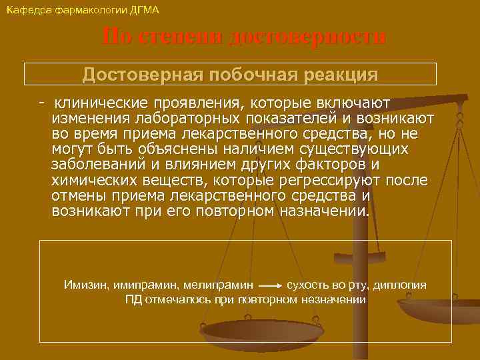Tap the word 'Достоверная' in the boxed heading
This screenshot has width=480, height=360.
[x=143, y=74]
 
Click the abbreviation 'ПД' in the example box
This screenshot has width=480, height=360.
[x=133, y=299]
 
